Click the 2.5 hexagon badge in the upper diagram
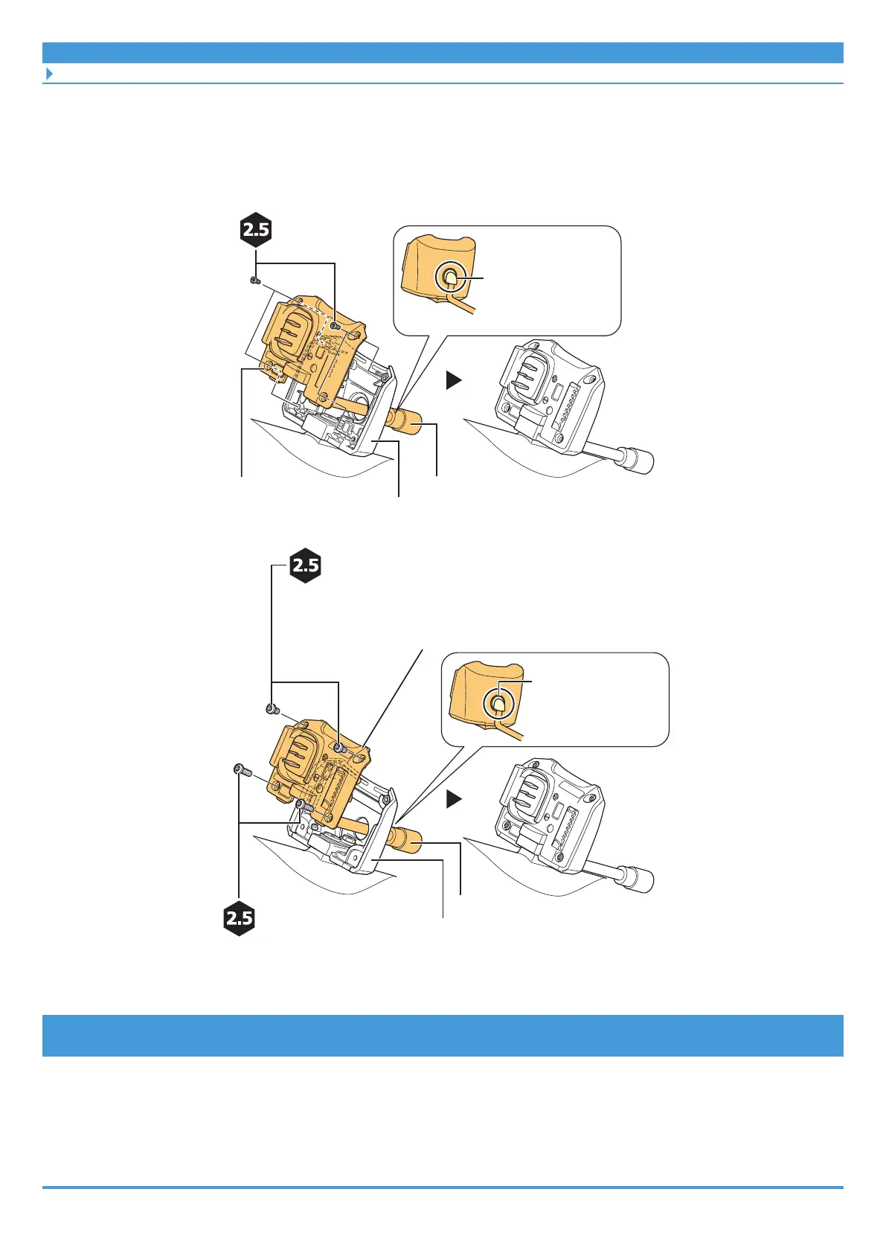coord(256,230)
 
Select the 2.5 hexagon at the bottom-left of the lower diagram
coord(240,918)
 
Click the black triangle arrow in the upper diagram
coord(454,380)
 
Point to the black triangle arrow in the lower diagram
coord(454,800)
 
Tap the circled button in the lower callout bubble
coord(498,701)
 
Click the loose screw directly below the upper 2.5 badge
coord(254,281)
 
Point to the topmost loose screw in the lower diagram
coord(272,709)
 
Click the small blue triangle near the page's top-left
coord(50,74)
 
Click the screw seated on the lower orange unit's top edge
coord(339,747)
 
